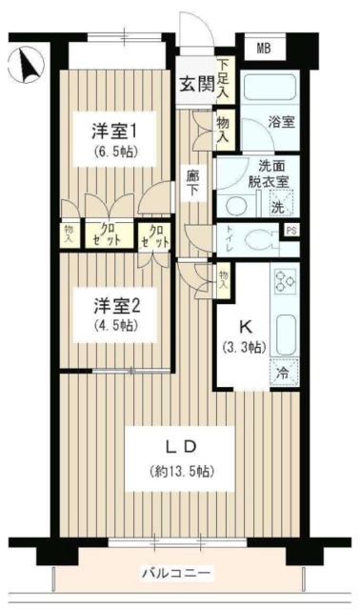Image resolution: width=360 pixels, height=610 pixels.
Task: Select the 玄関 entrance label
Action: [x=195, y=81]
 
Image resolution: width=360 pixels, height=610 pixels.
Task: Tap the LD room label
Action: [x=180, y=445]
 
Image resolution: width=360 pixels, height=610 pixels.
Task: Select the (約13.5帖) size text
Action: [x=180, y=471]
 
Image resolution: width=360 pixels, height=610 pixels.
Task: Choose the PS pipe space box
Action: [x=291, y=230]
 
